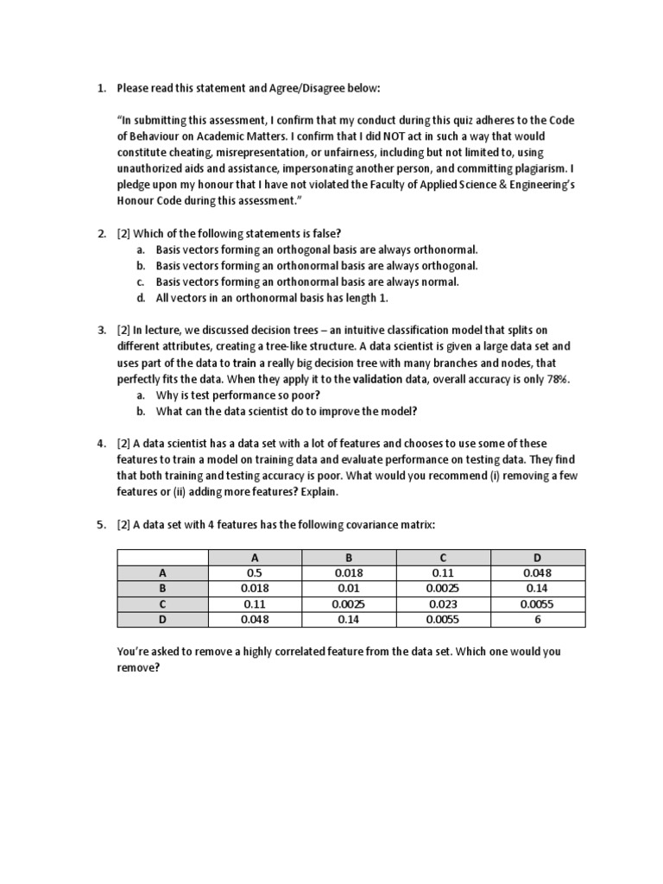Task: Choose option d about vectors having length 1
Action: pyautogui.click(x=272, y=298)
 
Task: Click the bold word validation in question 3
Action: pyautogui.click(x=381, y=379)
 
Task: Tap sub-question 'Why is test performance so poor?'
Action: pyautogui.click(x=237, y=395)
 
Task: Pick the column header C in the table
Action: pyautogui.click(x=443, y=557)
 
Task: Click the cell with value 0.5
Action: pyautogui.click(x=254, y=572)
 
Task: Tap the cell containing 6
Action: pyautogui.click(x=537, y=619)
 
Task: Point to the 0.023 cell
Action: pyautogui.click(x=443, y=603)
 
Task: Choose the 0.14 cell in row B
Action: pyautogui.click(x=537, y=588)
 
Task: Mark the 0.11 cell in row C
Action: pyautogui.click(x=254, y=603)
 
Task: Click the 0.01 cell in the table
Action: pyautogui.click(x=348, y=588)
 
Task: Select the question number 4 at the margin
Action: pyautogui.click(x=101, y=444)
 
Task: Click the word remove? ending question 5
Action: pyautogui.click(x=138, y=667)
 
